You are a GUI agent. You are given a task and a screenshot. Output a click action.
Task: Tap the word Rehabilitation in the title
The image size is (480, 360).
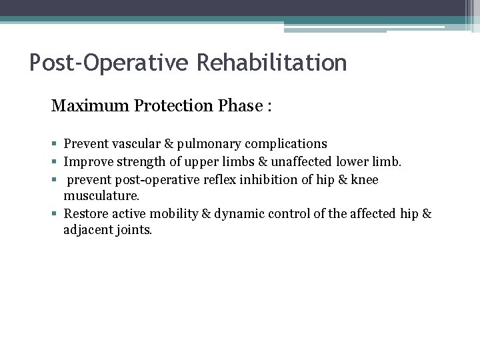[x=271, y=63]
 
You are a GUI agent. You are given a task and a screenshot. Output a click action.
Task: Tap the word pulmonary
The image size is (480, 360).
[x=207, y=143]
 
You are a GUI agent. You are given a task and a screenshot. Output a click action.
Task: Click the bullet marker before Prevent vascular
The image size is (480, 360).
[x=54, y=144]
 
